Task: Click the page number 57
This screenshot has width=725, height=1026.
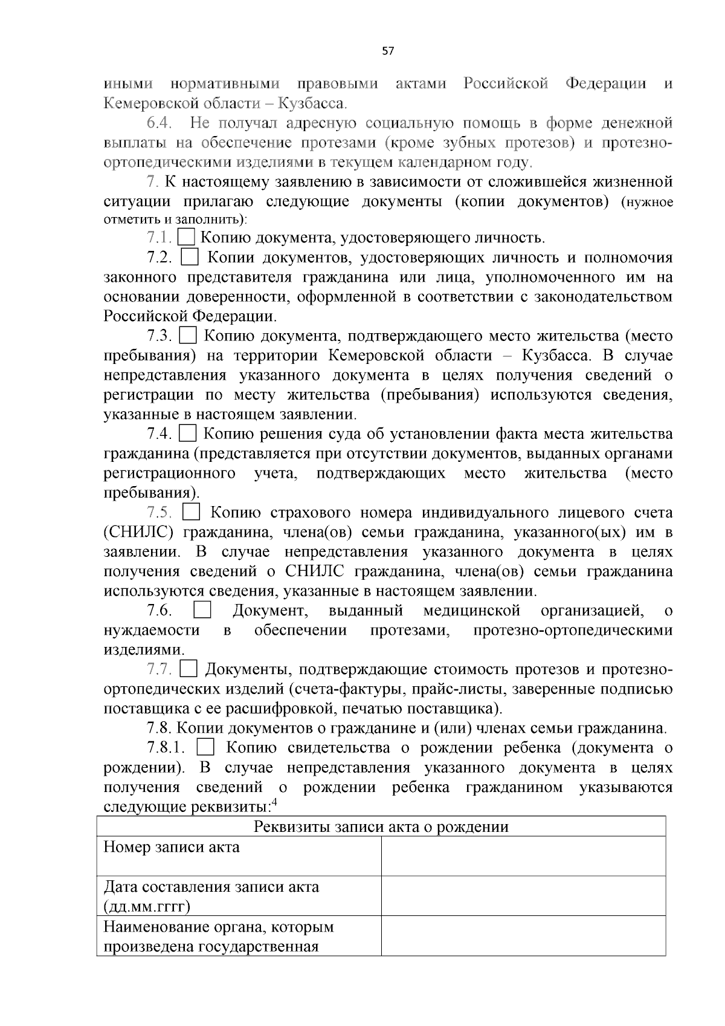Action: tap(388, 51)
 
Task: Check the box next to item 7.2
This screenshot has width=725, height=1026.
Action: tap(190, 258)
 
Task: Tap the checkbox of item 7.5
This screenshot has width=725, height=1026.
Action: tap(191, 513)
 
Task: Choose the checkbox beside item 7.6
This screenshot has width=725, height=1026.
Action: tap(202, 611)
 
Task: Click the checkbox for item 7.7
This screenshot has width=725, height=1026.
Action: tap(189, 669)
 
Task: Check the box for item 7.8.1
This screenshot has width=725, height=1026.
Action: tap(206, 748)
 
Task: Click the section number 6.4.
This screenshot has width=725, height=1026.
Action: tap(159, 123)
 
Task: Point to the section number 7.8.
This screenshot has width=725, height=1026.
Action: tap(159, 728)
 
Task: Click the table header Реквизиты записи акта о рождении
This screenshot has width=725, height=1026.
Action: tap(381, 826)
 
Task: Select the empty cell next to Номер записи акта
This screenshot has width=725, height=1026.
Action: tap(523, 856)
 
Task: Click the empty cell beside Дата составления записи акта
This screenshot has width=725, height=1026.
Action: tap(523, 896)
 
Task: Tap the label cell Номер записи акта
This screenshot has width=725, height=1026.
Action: tap(172, 847)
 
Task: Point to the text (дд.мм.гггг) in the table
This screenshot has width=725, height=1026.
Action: tap(147, 906)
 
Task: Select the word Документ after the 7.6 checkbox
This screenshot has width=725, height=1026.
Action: tap(270, 611)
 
